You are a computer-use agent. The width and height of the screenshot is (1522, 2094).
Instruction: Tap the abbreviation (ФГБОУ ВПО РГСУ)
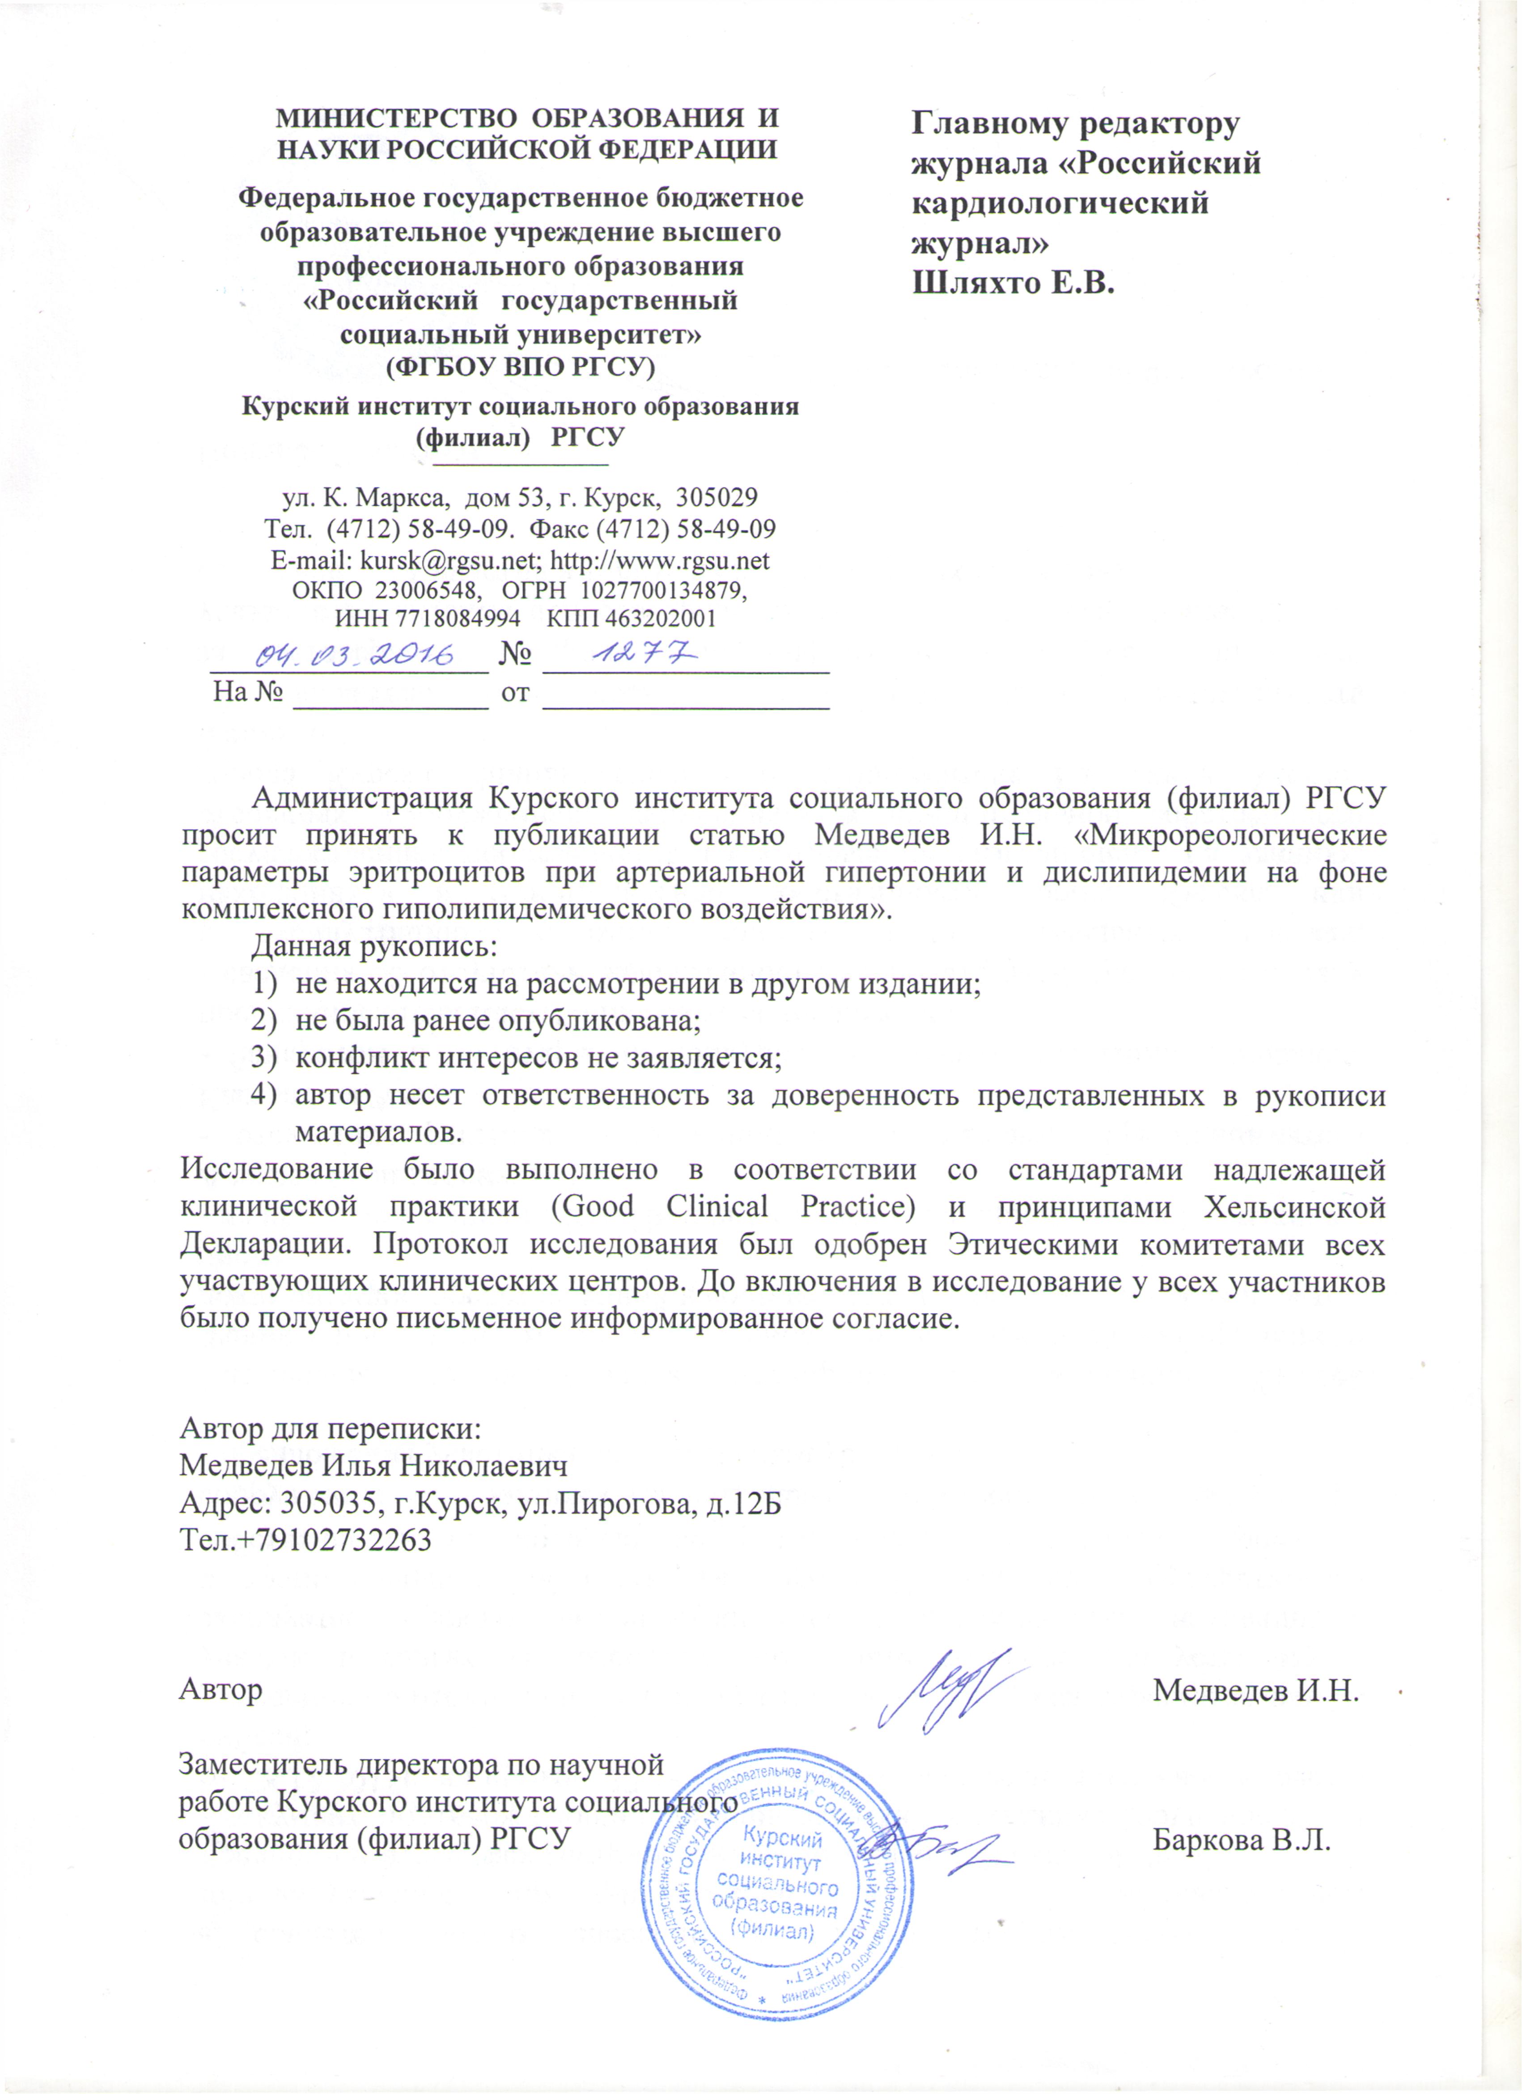click(x=520, y=368)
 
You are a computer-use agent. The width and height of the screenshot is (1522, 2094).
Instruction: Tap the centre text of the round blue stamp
click(x=776, y=1883)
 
